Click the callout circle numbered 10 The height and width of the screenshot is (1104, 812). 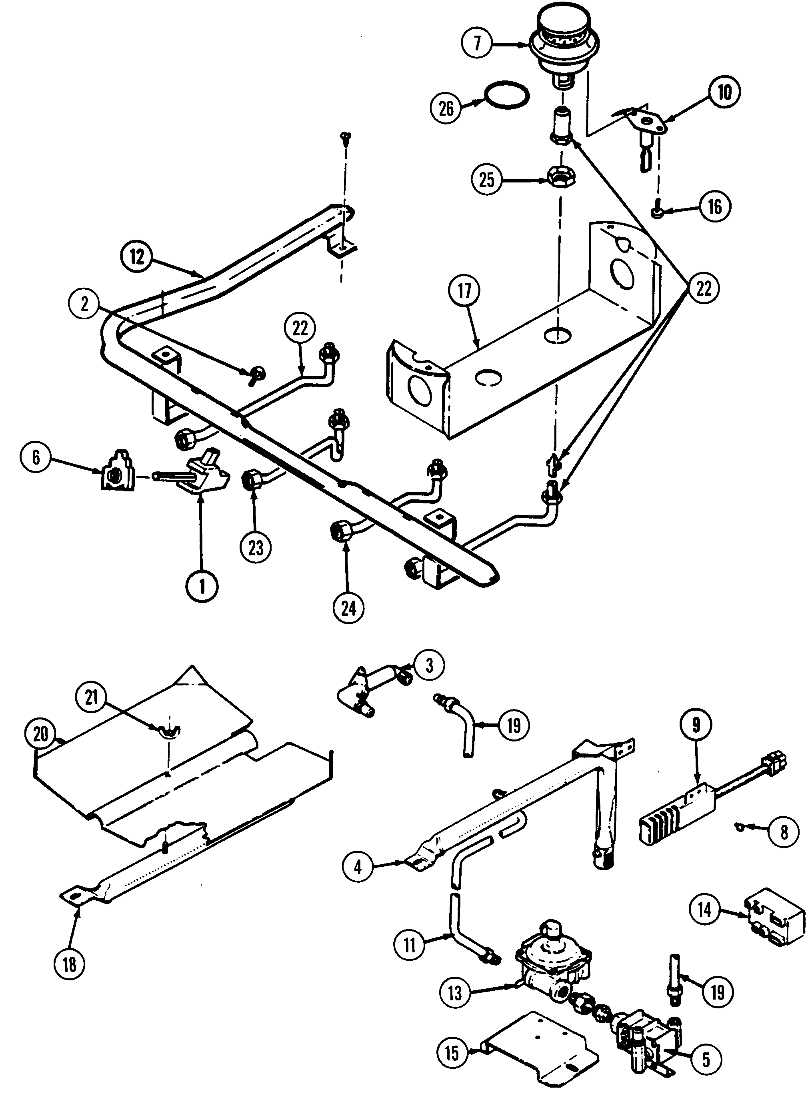(724, 92)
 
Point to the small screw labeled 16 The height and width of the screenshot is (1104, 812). (656, 211)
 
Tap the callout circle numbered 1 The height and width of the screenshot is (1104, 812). (202, 587)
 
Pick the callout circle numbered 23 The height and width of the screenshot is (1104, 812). (256, 547)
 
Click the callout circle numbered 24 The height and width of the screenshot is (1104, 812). (348, 609)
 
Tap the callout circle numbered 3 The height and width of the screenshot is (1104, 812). (429, 665)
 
